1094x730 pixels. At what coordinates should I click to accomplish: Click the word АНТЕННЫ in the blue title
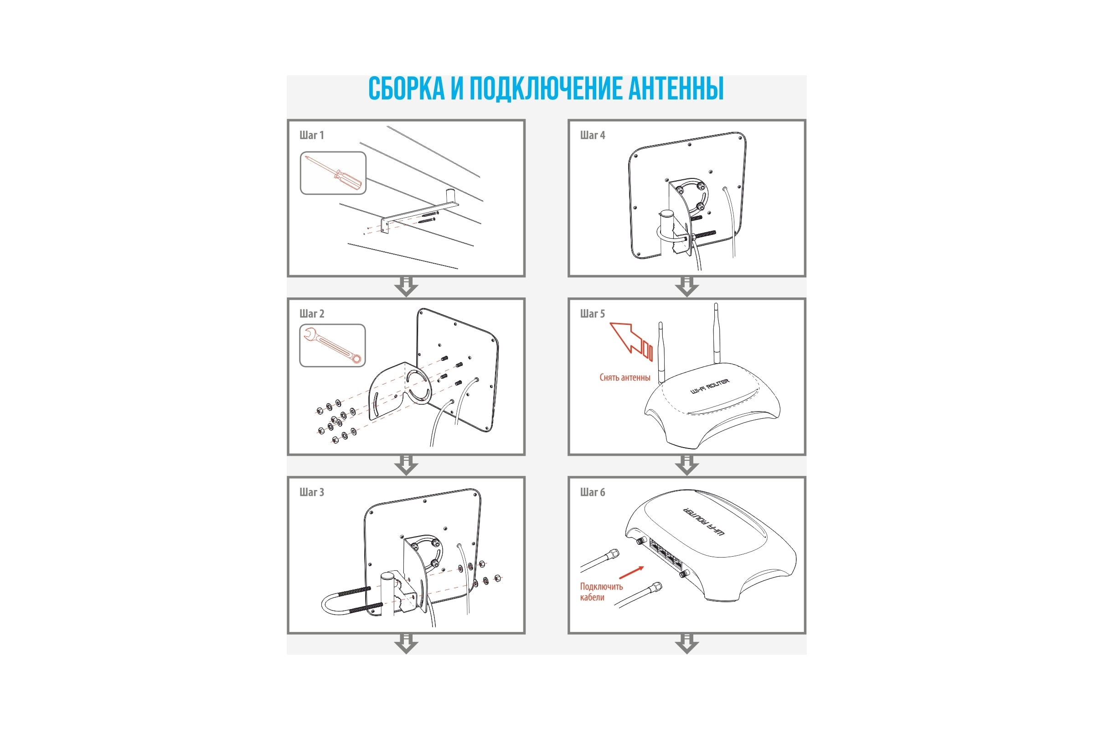pos(676,88)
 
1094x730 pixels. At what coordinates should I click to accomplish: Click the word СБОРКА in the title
pos(407,88)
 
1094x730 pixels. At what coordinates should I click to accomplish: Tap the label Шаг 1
pos(312,135)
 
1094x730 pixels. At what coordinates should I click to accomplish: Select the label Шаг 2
pos(312,313)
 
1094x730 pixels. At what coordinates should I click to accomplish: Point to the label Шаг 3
pos(312,492)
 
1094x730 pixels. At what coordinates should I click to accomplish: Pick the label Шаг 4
pos(593,135)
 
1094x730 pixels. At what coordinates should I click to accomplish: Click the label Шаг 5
pos(593,313)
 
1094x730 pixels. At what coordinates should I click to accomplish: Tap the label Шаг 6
pos(593,492)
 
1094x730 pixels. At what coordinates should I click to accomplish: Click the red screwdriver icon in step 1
pos(334,173)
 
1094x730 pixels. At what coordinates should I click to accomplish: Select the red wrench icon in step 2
pos(333,345)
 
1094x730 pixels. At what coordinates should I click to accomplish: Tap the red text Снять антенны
pos(624,378)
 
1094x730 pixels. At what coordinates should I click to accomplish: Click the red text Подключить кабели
pos(601,592)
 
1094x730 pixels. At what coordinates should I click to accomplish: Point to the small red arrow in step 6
pos(632,572)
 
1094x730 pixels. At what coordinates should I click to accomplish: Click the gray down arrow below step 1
pos(406,287)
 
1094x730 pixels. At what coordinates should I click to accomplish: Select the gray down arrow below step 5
pos(687,465)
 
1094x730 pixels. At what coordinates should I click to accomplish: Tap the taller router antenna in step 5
pos(716,334)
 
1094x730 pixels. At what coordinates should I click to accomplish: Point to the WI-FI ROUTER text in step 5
pos(710,386)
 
